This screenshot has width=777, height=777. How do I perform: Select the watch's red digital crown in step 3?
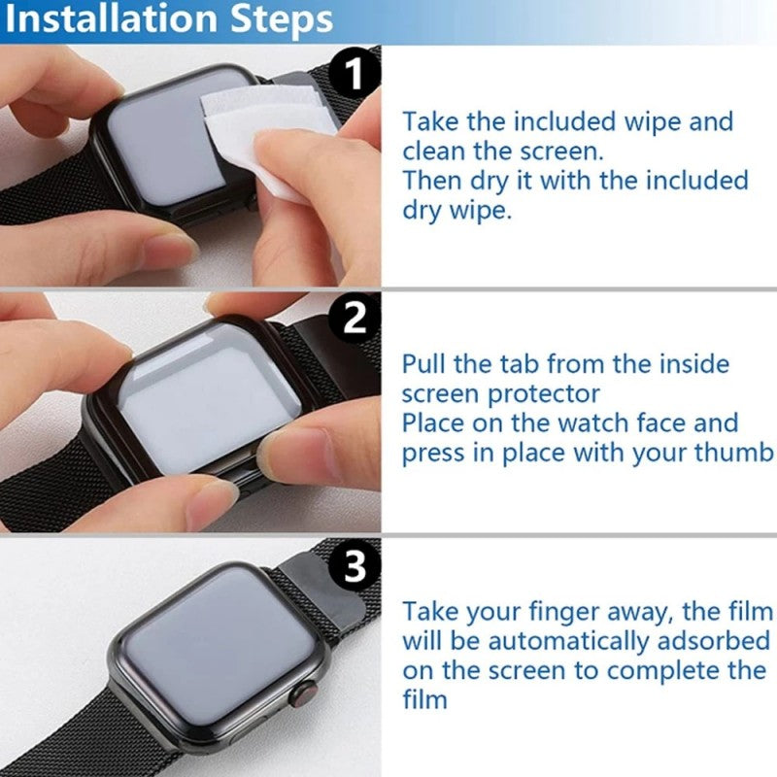pyautogui.click(x=302, y=695)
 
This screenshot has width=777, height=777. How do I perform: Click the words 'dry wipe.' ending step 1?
pyautogui.click(x=456, y=210)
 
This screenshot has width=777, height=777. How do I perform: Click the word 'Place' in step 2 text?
pyautogui.click(x=436, y=423)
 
